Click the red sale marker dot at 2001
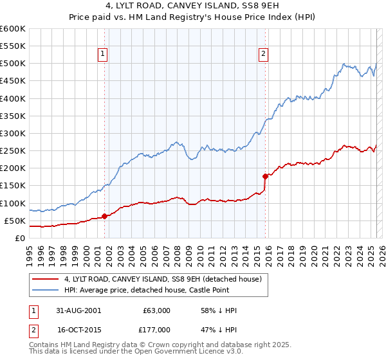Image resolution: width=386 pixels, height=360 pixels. click(x=104, y=216)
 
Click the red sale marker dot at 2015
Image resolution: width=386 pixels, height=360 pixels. click(x=265, y=175)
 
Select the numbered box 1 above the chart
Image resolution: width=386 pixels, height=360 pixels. click(x=104, y=55)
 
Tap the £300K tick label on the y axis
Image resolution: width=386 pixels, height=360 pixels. click(x=12, y=133)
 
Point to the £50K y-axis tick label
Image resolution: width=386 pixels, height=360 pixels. click(x=14, y=221)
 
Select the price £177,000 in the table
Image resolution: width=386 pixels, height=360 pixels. click(x=157, y=330)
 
